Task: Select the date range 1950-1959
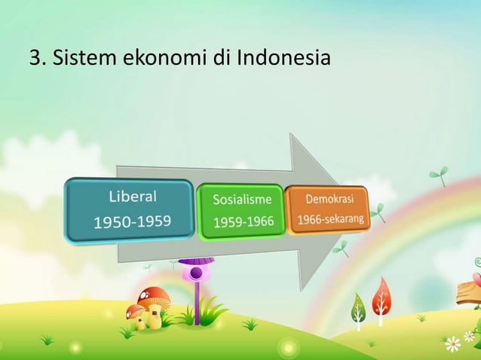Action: click(x=132, y=221)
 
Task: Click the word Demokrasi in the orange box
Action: click(x=329, y=200)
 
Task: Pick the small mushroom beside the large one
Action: click(x=136, y=310)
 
